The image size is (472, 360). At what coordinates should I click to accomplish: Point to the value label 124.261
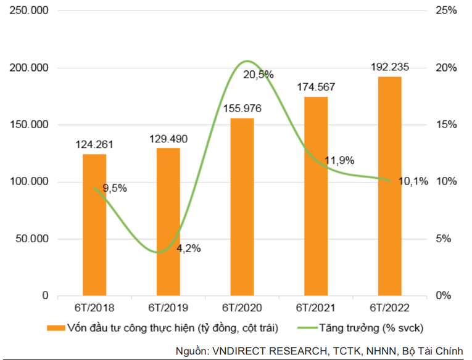point(94,145)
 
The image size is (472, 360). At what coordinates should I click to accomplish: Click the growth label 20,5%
point(259,75)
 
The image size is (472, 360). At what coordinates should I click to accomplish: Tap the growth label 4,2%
point(188,249)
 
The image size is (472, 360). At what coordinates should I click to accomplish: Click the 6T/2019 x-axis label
point(168,307)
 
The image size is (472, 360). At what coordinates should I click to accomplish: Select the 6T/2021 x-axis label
point(317,307)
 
